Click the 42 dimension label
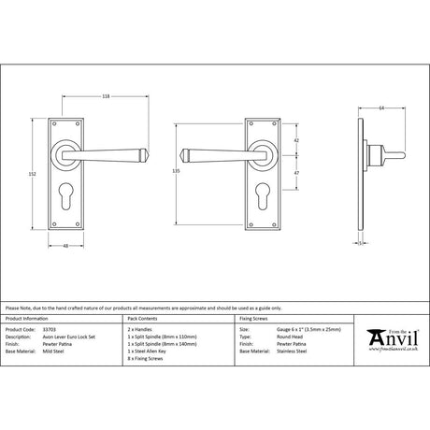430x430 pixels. tap(296, 141)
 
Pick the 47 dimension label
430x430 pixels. tap(296, 173)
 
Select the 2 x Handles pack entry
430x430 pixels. tap(142, 330)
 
